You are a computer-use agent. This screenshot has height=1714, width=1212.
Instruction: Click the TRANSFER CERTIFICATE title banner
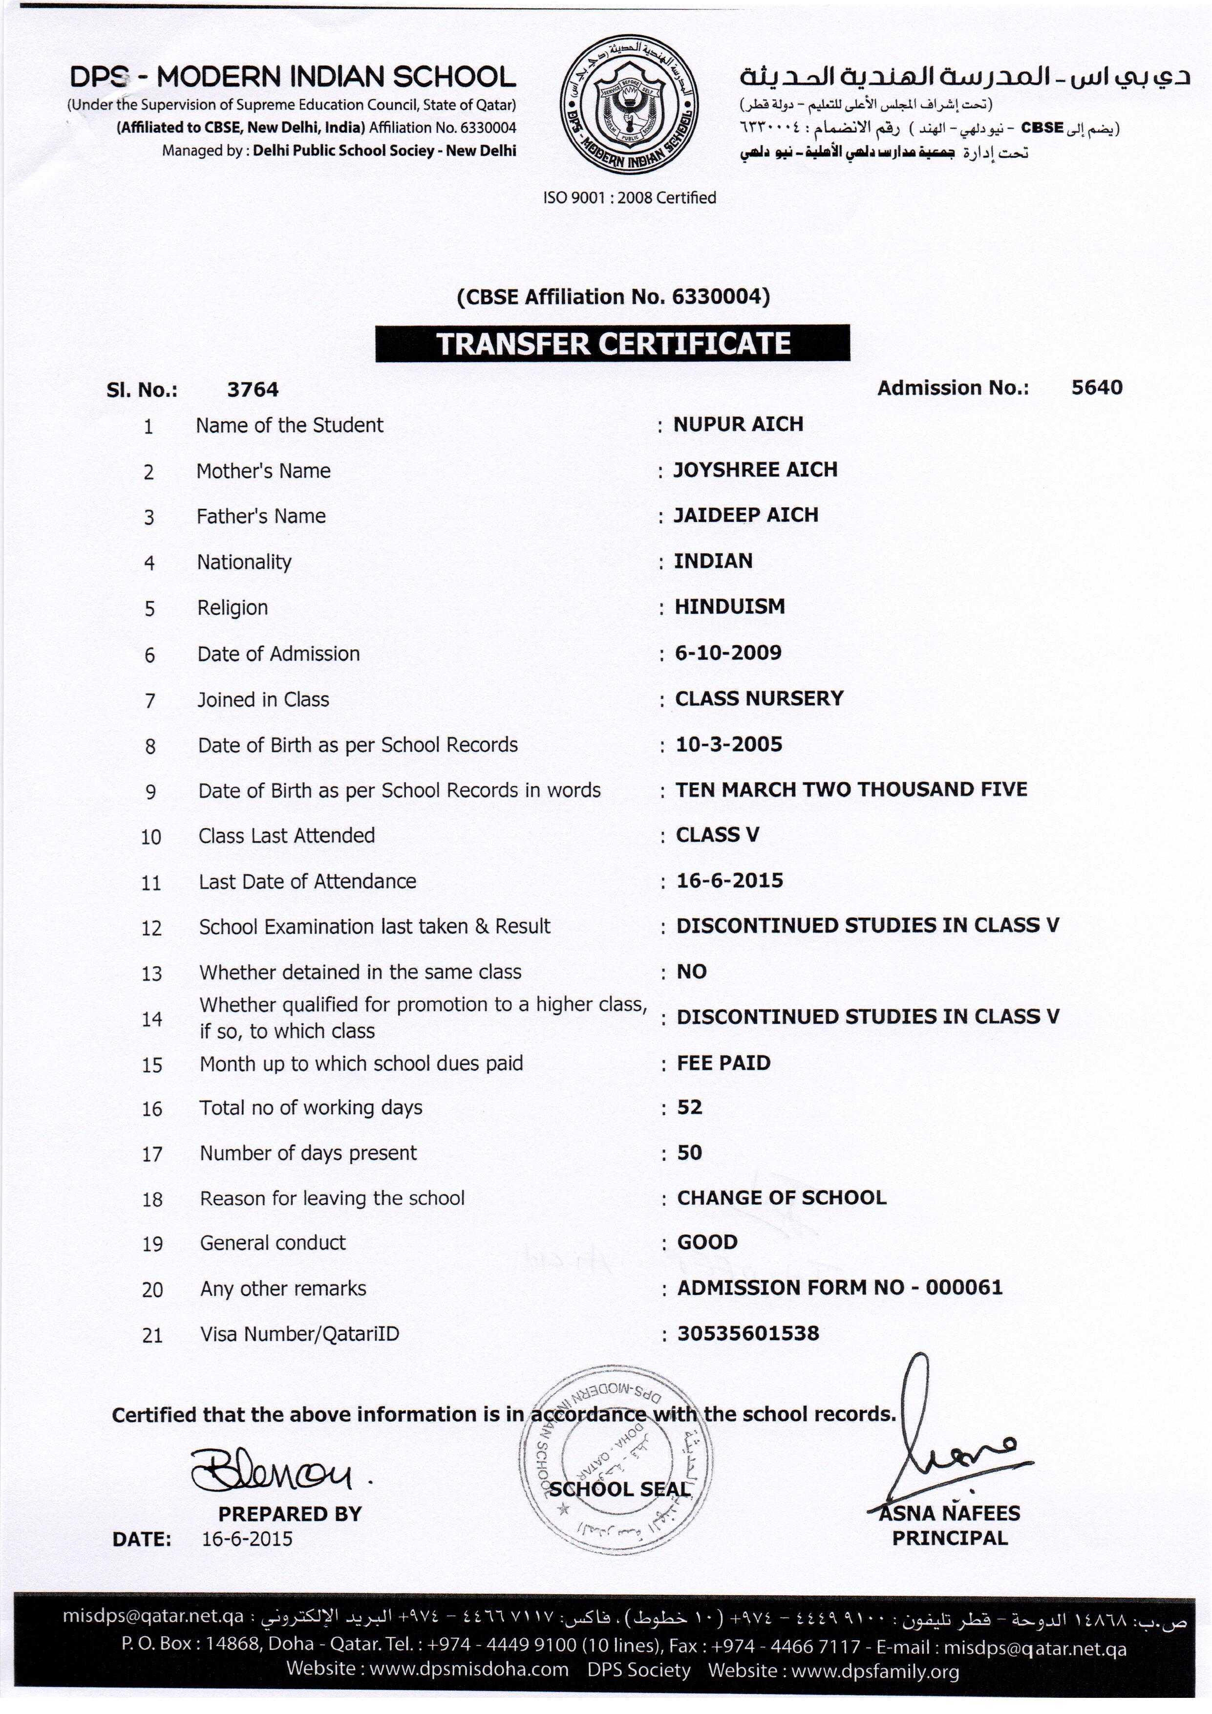[x=612, y=344]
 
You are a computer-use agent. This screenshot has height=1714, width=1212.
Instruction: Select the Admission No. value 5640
[x=1096, y=388]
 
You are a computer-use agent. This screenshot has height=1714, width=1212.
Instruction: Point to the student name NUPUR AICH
[x=738, y=424]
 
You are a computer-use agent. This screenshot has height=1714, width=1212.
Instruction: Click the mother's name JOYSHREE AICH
[x=755, y=470]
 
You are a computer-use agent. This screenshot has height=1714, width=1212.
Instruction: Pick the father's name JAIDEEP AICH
[x=745, y=515]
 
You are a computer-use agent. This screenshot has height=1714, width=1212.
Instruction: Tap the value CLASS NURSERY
[x=759, y=699]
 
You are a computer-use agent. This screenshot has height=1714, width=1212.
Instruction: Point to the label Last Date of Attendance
[x=307, y=882]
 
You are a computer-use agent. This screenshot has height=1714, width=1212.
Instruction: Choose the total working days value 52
[x=690, y=1107]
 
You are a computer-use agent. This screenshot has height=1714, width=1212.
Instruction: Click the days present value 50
[x=690, y=1152]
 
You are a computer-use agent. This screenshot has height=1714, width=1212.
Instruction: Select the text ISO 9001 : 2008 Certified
[x=629, y=198]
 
